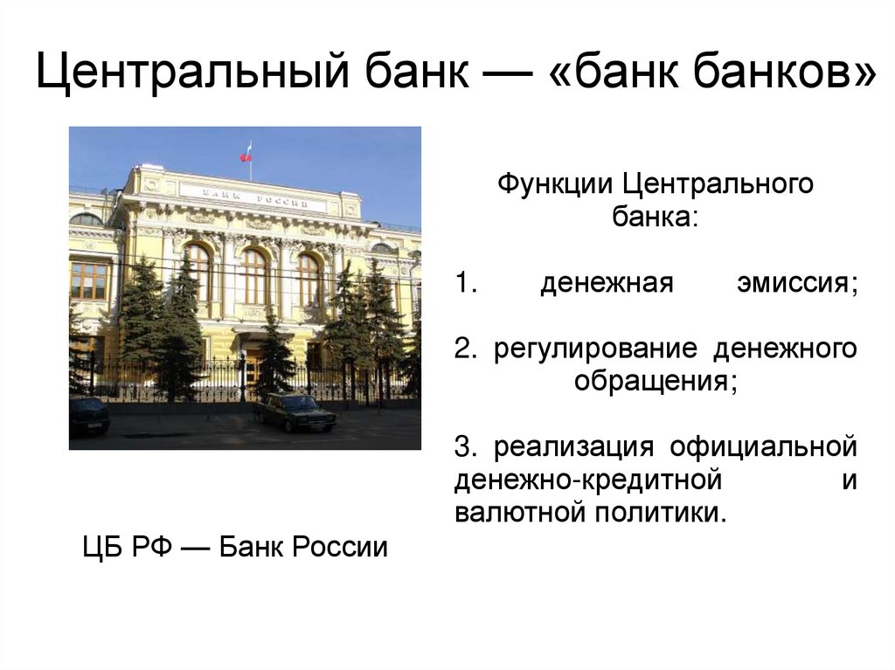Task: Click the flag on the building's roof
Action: click(246, 152)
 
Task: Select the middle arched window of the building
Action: click(254, 276)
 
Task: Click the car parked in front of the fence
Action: click(295, 411)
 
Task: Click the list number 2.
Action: click(464, 349)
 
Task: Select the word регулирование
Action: click(594, 349)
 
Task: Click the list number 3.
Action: click(464, 446)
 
